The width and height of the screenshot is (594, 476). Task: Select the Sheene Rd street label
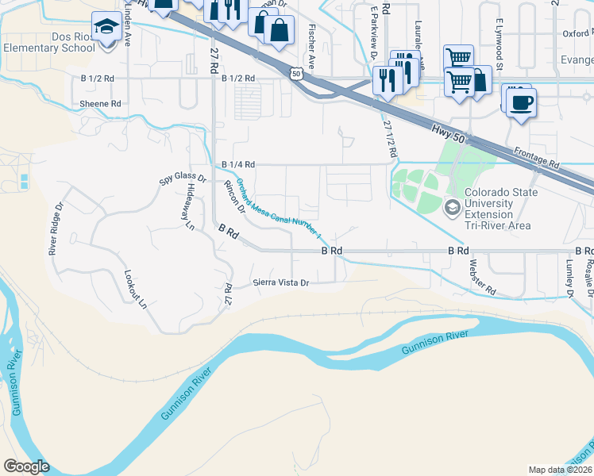(x=100, y=104)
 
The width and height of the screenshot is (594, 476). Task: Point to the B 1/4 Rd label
(x=238, y=164)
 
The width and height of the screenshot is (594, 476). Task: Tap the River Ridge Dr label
(x=55, y=229)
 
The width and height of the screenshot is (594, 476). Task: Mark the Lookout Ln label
(x=135, y=289)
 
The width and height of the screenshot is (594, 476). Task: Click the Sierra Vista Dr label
(x=280, y=282)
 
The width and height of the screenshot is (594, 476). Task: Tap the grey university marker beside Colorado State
(x=453, y=209)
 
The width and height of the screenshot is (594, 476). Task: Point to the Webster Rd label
(x=482, y=278)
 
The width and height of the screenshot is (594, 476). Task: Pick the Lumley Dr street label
(x=569, y=278)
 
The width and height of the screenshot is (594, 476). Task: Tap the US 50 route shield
(x=295, y=74)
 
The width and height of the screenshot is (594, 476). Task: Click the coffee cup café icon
(x=521, y=102)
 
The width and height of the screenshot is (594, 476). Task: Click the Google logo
(x=26, y=466)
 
